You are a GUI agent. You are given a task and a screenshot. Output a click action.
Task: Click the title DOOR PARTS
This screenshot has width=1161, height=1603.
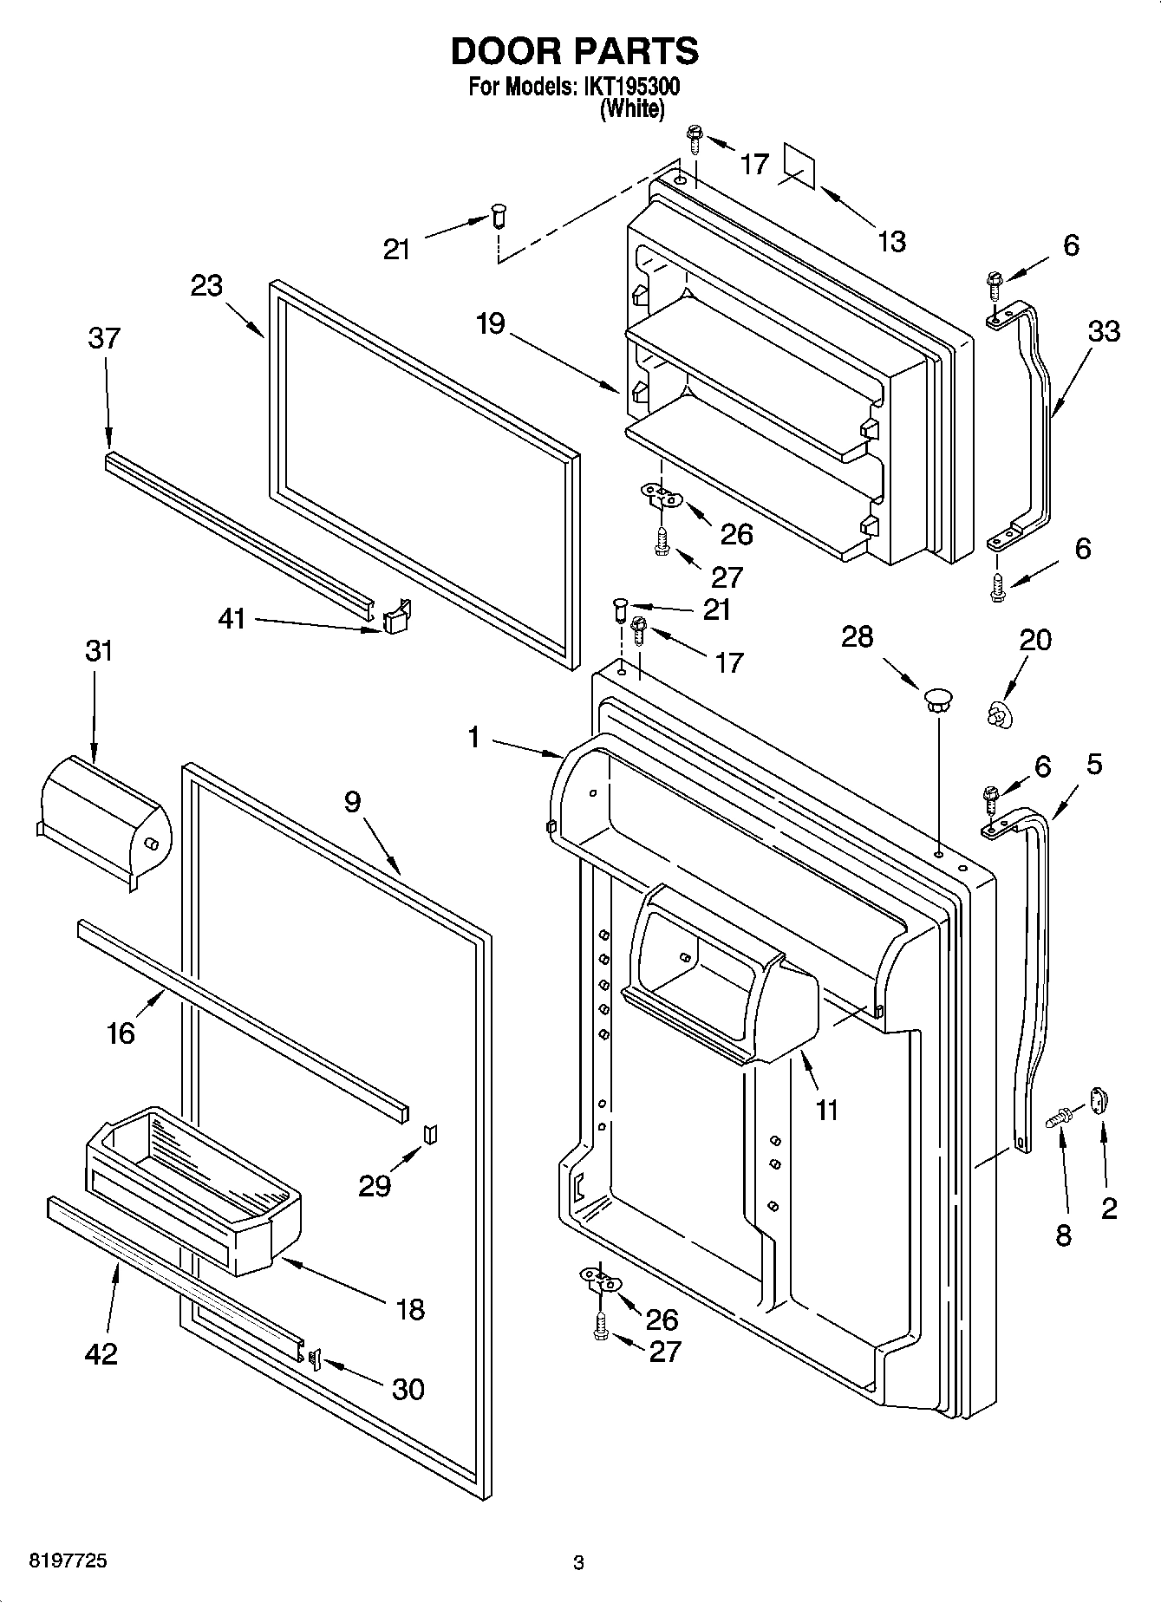(574, 52)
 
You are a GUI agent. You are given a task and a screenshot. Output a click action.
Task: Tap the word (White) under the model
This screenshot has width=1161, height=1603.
(633, 109)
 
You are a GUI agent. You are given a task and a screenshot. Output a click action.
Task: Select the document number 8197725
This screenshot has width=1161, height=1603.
(57, 1561)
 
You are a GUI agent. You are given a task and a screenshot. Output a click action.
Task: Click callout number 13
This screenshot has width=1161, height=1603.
(890, 241)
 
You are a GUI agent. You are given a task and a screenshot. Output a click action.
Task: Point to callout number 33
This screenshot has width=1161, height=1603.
(1104, 331)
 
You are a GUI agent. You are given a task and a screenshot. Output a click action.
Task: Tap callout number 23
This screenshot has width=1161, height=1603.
(206, 285)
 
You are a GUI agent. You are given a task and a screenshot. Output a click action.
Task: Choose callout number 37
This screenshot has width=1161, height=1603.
(104, 338)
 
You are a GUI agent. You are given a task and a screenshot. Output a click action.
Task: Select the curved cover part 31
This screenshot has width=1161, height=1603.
(104, 819)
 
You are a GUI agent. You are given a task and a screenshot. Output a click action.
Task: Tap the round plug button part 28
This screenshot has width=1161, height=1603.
(936, 699)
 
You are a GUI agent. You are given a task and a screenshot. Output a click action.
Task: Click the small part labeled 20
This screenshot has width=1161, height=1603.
(998, 714)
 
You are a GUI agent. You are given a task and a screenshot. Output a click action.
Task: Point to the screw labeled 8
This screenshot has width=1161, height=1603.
(1057, 1119)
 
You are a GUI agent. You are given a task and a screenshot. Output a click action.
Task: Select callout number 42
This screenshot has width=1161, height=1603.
(101, 1353)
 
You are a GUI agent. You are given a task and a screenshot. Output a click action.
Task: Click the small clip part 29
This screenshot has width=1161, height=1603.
(429, 1134)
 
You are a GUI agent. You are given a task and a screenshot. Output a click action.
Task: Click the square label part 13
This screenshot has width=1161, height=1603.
(799, 165)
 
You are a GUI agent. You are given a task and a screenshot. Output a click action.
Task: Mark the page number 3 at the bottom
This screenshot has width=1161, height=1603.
(578, 1563)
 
